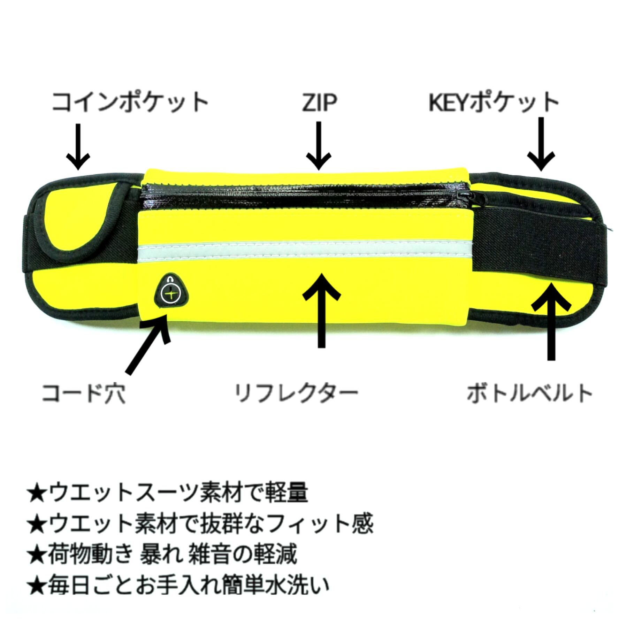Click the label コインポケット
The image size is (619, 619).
[130, 102]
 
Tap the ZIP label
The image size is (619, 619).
[319, 102]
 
